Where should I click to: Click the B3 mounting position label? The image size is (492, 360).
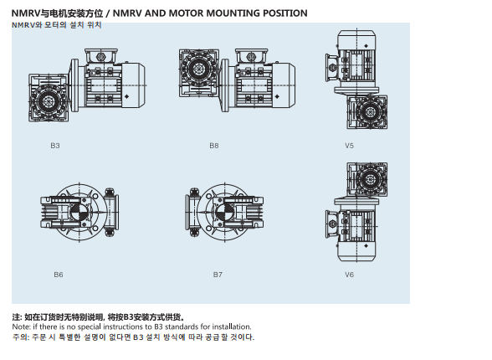55,146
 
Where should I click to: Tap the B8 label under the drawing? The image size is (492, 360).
214,146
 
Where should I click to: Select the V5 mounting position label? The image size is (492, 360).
349,146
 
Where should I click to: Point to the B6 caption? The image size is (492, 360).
59,275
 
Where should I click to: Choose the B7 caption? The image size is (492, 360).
218,275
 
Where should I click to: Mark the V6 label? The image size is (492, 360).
349,275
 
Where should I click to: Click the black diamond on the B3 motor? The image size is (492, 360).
127,96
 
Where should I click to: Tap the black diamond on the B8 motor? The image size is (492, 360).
277,96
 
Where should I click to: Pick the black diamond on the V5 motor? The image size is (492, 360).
366,46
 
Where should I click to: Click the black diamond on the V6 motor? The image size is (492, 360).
366,246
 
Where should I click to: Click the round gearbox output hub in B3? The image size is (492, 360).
48,101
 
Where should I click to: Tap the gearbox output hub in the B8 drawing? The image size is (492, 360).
198,68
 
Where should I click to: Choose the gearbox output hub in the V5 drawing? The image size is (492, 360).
370,112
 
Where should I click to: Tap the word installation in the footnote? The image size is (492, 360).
232,327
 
